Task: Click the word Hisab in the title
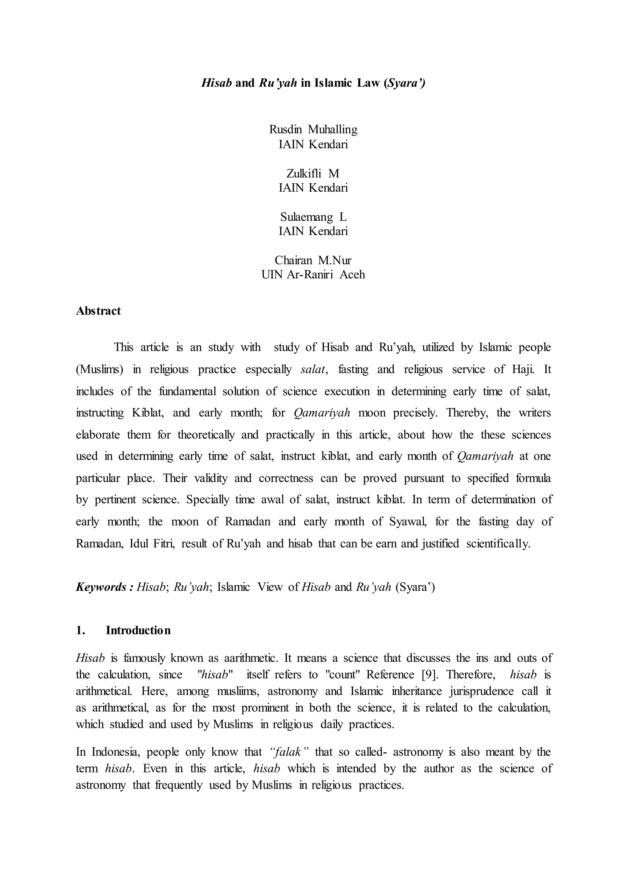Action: coord(216,83)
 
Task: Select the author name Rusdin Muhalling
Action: coord(313,130)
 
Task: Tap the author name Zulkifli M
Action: coord(313,174)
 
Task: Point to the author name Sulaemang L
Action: coord(313,217)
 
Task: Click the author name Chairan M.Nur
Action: coord(313,261)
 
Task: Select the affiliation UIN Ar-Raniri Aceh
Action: coord(313,275)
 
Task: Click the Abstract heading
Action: coord(98,311)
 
